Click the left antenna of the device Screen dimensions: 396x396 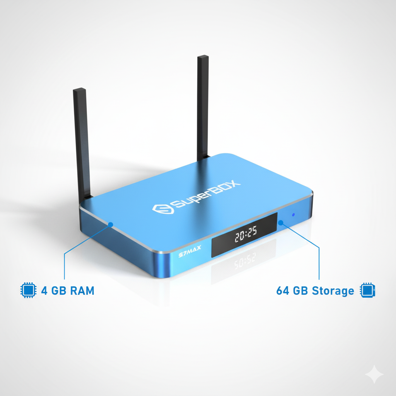point(82,143)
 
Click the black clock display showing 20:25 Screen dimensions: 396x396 point(244,234)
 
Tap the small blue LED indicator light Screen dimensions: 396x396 point(293,214)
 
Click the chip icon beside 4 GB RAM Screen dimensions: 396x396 point(27,290)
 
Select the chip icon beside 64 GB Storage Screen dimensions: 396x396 point(367,290)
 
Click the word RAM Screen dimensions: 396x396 point(82,290)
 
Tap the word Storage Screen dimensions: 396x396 point(333,290)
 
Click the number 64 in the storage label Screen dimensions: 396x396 point(283,290)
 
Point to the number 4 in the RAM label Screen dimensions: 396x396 point(44,290)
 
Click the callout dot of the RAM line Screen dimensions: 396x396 point(111,224)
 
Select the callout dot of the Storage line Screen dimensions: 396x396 point(281,222)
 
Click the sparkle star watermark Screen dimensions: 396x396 point(374,374)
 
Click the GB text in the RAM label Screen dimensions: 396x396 point(59,290)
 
